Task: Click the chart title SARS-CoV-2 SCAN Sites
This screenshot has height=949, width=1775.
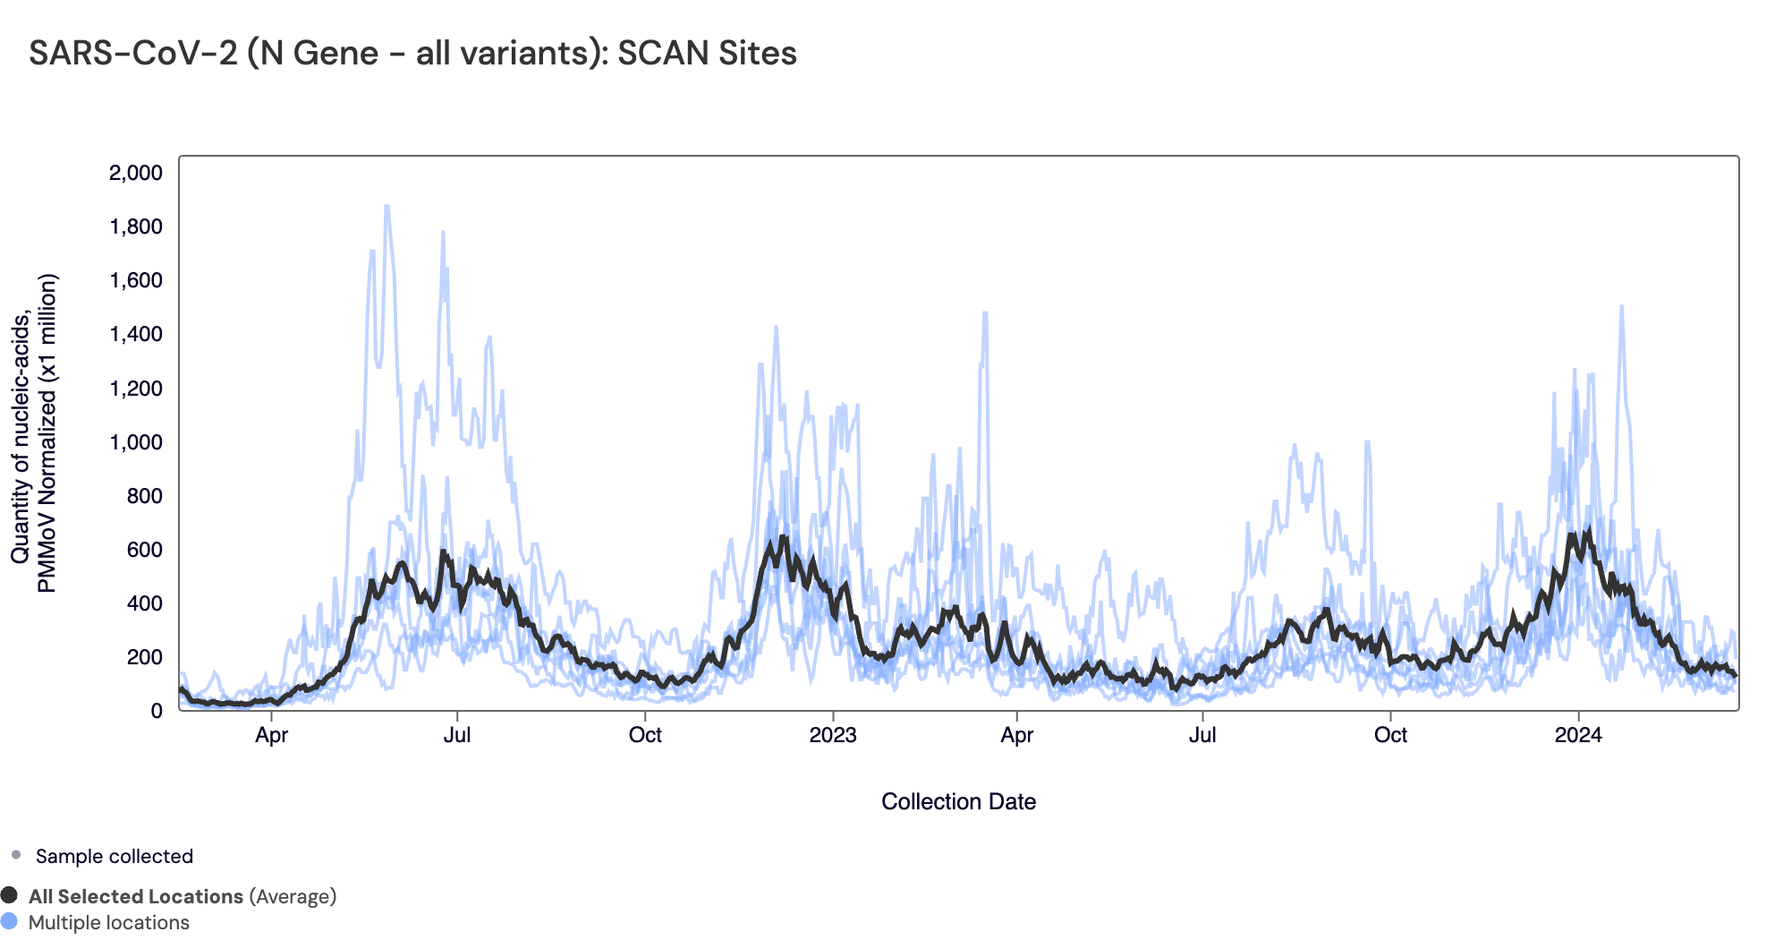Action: (x=412, y=53)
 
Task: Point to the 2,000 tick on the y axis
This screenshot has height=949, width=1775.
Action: (x=136, y=173)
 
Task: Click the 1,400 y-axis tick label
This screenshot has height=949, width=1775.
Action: (x=136, y=335)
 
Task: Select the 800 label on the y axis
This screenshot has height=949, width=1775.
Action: (x=145, y=496)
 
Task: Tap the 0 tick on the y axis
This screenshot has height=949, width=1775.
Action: (x=157, y=711)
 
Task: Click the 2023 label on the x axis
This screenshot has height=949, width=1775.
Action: (x=833, y=735)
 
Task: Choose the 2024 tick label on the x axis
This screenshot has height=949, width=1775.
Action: (x=1578, y=735)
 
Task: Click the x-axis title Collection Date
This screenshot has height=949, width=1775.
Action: (x=958, y=801)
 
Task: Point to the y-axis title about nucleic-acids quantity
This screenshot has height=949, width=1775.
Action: (x=34, y=433)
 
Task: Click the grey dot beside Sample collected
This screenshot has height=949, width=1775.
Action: (x=16, y=855)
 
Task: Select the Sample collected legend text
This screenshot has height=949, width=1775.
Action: (x=115, y=856)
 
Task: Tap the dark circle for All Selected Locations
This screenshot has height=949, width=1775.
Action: (x=10, y=895)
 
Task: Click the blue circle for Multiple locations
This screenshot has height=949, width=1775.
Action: (x=10, y=921)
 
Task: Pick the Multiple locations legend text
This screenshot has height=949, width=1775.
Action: (x=109, y=922)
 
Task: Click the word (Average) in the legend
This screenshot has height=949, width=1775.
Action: (x=293, y=896)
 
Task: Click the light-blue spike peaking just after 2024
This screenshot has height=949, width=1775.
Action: (x=1621, y=309)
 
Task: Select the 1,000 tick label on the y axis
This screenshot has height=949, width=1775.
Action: (x=136, y=442)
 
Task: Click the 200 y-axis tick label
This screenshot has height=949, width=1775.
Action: (x=145, y=657)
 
